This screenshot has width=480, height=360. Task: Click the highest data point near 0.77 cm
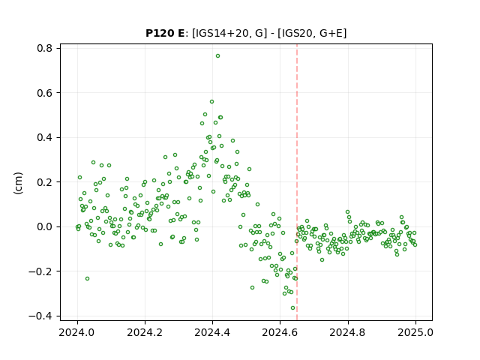point(217,56)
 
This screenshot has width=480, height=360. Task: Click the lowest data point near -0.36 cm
point(292,308)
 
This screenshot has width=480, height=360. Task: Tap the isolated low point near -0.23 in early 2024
point(87,278)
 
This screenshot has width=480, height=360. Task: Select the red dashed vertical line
point(297,182)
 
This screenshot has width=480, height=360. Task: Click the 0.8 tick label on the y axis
point(45,48)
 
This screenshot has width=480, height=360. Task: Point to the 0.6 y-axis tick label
point(45,93)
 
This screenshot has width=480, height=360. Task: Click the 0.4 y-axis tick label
point(45,137)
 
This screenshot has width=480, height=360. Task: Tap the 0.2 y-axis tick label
point(45,182)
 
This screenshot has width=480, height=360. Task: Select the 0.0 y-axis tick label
point(45,226)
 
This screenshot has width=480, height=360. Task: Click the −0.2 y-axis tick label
point(40,271)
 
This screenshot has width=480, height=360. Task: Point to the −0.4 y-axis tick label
point(40,316)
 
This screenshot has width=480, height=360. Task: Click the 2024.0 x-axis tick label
point(77,332)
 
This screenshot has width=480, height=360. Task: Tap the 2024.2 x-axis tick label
point(145,332)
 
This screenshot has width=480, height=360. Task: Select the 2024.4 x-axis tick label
point(212,332)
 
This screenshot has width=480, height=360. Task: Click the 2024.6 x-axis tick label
point(280,332)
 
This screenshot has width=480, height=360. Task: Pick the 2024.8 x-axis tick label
point(348,332)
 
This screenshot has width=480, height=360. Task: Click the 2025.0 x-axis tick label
point(415,332)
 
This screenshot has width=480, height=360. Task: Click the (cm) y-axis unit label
point(18,182)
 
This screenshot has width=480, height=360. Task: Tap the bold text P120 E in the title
point(165,33)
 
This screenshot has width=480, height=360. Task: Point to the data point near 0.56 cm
point(211,102)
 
